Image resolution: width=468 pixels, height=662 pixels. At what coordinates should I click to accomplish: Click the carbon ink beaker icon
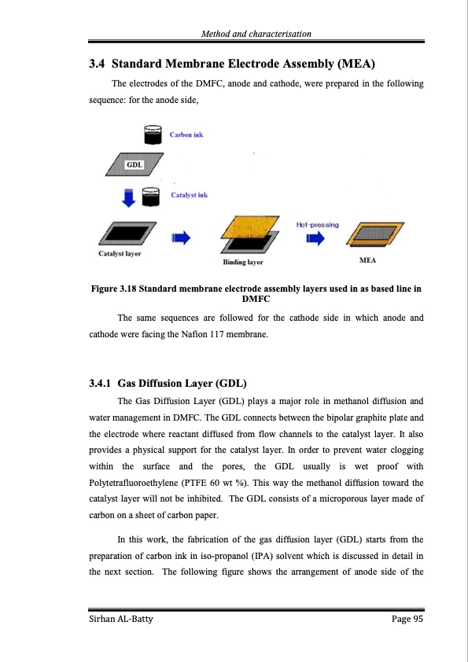tap(153, 136)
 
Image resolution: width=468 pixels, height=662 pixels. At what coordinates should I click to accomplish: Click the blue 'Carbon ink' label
tap(186, 134)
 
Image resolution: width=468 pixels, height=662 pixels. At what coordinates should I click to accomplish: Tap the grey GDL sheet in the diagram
tap(135, 165)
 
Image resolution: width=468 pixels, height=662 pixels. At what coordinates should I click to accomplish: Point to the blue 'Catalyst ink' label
tap(189, 195)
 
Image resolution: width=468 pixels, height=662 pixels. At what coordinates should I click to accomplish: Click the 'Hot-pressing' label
tap(317, 225)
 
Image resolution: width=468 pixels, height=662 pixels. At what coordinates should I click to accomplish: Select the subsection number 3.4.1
tap(101, 384)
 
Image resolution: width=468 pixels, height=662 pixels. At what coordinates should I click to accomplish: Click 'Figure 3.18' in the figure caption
tap(120, 289)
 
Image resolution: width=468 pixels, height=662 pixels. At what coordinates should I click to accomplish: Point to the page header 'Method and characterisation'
tap(256, 34)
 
